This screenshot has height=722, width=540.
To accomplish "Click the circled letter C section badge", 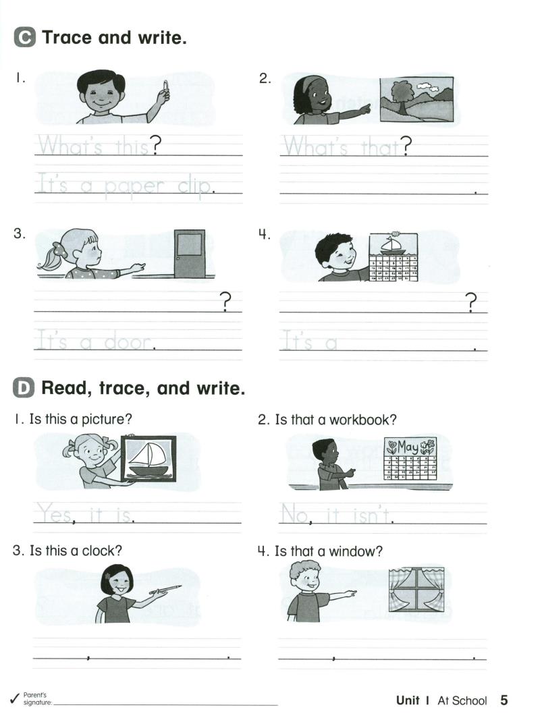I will [24, 38].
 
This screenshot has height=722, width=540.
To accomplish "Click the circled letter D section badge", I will [24, 388].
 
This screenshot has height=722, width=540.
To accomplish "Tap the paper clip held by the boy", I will [165, 86].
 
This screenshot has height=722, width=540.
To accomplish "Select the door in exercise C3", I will [190, 253].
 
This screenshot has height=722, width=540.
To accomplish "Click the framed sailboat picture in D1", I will [148, 458].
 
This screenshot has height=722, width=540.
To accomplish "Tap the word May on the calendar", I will [407, 447].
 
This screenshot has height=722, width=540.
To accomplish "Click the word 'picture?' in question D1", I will [103, 420].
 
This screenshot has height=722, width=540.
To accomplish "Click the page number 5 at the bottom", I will [504, 700].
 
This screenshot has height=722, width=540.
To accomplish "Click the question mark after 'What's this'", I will [156, 145].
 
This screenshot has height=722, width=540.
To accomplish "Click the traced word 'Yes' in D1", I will [54, 515].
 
